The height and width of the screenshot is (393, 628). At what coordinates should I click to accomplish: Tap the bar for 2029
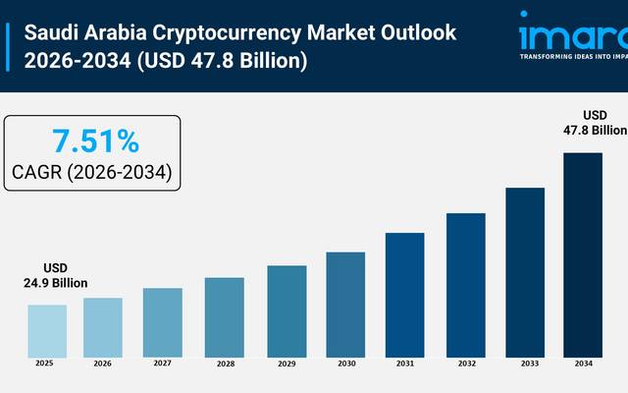(x=287, y=309)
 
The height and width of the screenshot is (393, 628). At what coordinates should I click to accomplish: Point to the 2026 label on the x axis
(x=103, y=365)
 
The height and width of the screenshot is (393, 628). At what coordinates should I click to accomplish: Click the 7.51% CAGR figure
(x=95, y=141)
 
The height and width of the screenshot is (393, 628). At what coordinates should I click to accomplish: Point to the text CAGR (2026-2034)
(x=92, y=173)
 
